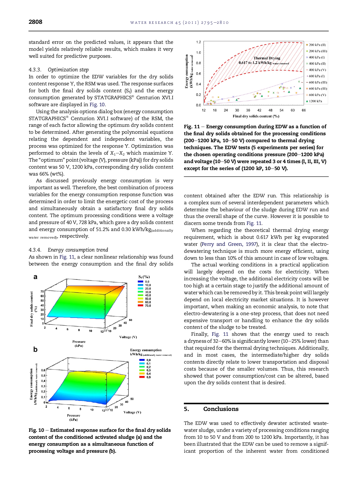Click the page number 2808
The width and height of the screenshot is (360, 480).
(x=35, y=22)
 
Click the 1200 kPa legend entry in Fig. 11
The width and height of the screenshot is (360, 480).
(x=315, y=101)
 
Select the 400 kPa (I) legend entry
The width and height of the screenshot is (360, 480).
(x=316, y=57)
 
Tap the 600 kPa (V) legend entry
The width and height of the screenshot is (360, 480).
(x=316, y=95)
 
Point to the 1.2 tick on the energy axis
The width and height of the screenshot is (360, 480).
(x=198, y=42)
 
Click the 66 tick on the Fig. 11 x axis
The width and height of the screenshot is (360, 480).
(x=304, y=110)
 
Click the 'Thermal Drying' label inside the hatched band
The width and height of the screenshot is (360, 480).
(x=267, y=58)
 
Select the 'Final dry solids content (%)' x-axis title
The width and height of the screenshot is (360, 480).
(x=256, y=116)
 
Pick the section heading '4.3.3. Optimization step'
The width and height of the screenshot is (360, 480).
(x=59, y=70)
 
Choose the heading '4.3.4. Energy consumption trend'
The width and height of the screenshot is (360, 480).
(x=68, y=250)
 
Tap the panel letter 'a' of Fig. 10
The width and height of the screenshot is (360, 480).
(x=35, y=277)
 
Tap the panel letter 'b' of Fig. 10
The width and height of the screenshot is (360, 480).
(x=35, y=349)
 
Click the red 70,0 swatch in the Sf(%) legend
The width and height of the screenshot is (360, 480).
(x=141, y=305)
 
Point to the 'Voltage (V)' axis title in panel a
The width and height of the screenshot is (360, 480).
(x=128, y=337)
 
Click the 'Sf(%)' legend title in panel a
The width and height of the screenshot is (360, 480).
(x=144, y=277)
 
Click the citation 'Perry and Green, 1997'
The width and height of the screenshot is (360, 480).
(x=229, y=244)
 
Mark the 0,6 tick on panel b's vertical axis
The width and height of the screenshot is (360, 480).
(x=43, y=370)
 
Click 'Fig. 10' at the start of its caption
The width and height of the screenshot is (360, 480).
(x=36, y=430)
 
